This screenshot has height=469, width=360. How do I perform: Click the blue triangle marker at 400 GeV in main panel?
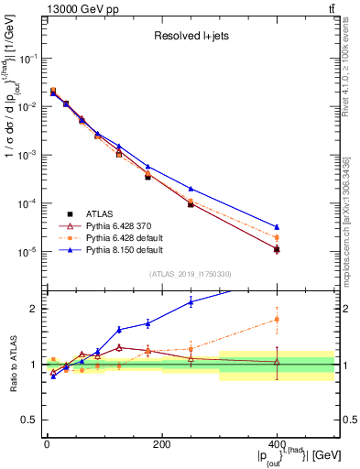[277, 226]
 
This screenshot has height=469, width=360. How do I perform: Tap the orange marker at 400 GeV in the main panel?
[277, 238]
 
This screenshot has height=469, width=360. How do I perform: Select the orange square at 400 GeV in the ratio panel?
[277, 320]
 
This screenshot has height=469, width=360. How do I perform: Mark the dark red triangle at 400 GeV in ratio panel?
[277, 362]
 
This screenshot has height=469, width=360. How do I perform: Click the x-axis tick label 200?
[161, 443]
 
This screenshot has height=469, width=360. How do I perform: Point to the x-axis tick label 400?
[277, 443]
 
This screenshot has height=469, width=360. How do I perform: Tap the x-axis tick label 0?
[47, 443]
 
